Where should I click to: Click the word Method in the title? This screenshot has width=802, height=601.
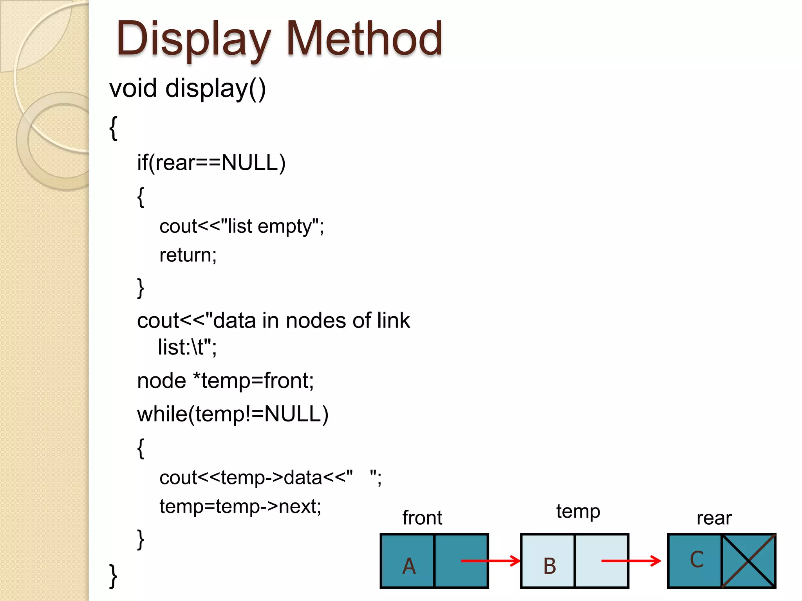click(364, 39)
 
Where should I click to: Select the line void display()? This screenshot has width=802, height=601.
click(188, 88)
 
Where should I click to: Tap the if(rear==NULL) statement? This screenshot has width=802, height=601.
click(211, 162)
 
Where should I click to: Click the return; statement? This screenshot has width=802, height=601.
click(188, 255)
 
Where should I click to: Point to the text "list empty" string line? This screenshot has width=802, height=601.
click(242, 226)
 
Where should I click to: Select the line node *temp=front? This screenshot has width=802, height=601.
click(225, 381)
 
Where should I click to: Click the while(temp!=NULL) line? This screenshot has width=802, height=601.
click(233, 414)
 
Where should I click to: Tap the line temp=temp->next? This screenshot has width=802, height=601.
click(240, 506)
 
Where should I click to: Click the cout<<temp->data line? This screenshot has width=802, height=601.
click(270, 478)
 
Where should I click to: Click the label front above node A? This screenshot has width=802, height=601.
click(422, 518)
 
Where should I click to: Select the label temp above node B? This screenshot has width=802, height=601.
click(578, 511)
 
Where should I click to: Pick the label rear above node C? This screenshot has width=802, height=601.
click(714, 518)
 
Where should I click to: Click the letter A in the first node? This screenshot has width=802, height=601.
click(409, 566)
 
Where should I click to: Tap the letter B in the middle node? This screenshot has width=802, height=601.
click(549, 566)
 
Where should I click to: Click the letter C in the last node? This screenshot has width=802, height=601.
click(697, 560)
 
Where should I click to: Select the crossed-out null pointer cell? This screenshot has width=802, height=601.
click(748, 561)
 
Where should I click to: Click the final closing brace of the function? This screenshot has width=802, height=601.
click(113, 576)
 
